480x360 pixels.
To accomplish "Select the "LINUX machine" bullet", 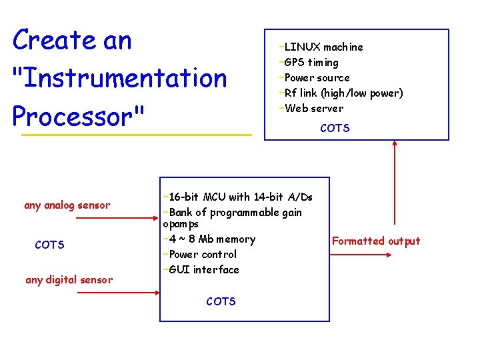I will (x=323, y=47).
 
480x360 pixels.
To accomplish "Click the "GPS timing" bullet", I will (x=311, y=63).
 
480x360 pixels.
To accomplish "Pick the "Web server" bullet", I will (x=313, y=109).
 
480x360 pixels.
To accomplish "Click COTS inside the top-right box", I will (x=335, y=128).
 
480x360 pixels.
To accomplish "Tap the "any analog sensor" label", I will (x=67, y=205).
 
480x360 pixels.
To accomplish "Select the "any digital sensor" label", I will (x=69, y=280).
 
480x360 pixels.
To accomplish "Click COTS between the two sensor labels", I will (x=50, y=245).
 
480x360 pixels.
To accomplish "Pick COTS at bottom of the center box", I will (x=221, y=302).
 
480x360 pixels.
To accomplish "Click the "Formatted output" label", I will (x=376, y=241).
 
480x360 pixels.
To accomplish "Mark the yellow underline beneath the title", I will (x=137, y=135).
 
